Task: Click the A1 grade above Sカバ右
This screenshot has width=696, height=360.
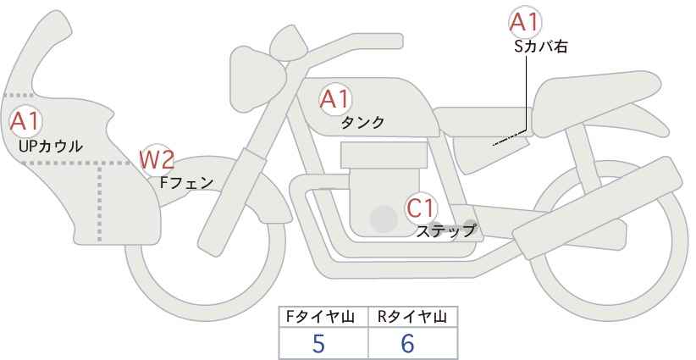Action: point(525,22)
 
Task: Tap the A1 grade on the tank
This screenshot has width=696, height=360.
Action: point(335,99)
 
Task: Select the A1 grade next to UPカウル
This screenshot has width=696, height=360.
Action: point(25,122)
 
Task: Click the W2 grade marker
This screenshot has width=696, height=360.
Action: point(157,160)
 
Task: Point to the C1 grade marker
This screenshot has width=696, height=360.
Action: point(420,208)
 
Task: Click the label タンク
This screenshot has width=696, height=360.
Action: point(362,123)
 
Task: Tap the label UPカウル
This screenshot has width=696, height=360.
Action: point(51,147)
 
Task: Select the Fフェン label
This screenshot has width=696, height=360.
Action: point(186,183)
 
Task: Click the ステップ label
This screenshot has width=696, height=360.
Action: point(445,232)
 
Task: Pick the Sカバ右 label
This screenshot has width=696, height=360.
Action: point(541,47)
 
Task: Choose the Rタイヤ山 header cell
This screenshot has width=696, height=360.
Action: point(413,317)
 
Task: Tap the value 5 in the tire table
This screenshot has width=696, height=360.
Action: point(318,343)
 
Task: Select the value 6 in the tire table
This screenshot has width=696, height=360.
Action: point(407,343)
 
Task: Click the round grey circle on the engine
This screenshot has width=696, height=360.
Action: point(384,219)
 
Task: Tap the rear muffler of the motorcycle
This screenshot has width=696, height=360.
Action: point(597,208)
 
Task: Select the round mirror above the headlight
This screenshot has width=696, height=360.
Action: point(289,43)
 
